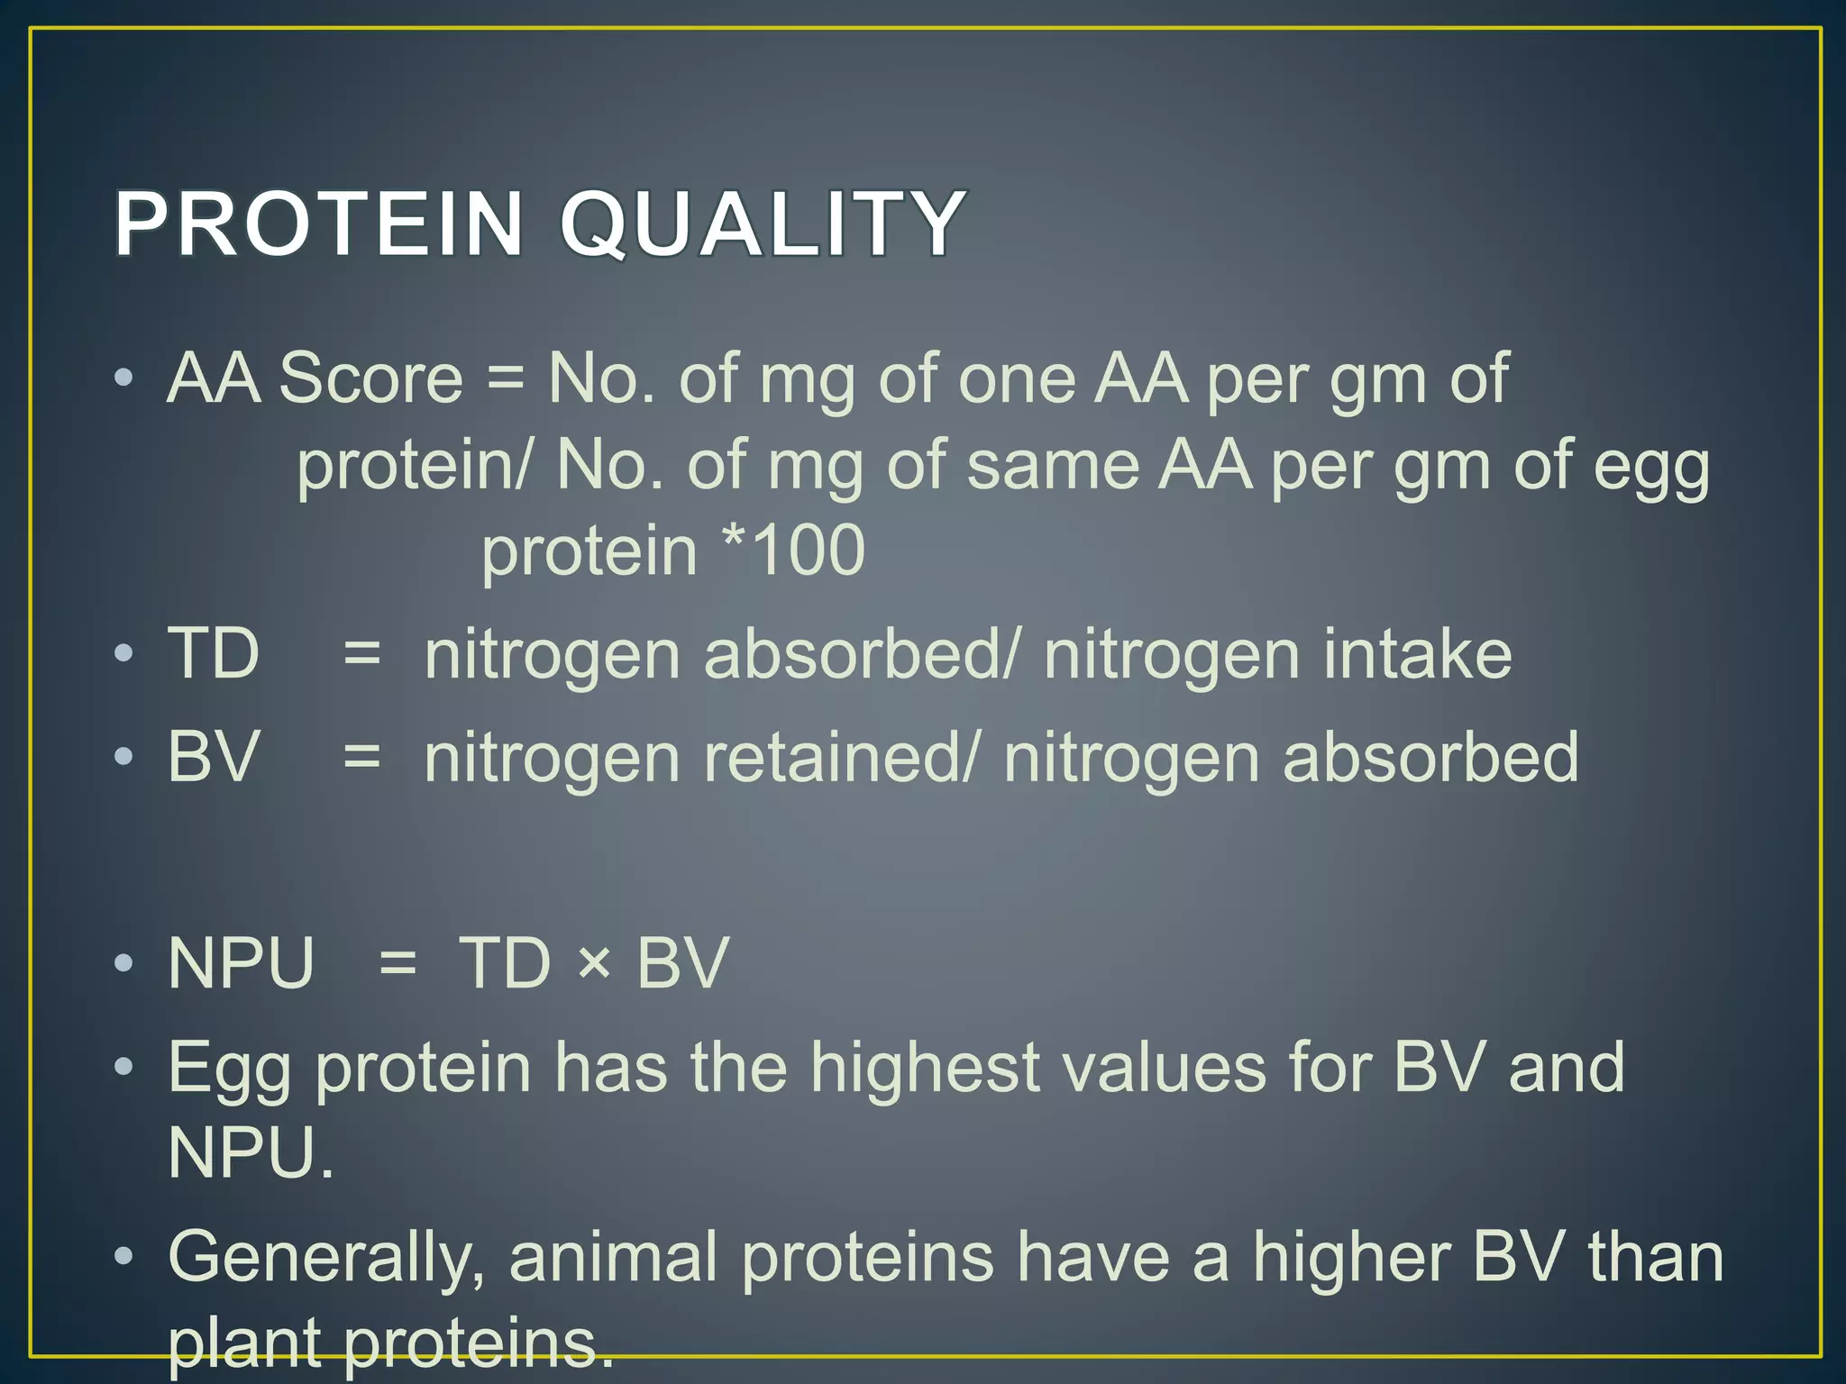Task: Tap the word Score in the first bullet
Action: point(370,378)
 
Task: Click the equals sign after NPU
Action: point(398,963)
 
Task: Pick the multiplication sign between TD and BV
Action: point(594,964)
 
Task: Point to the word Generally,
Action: point(326,1258)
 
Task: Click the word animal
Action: point(613,1258)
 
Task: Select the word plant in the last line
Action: point(244,1343)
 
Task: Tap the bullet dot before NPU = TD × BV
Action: point(124,964)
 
